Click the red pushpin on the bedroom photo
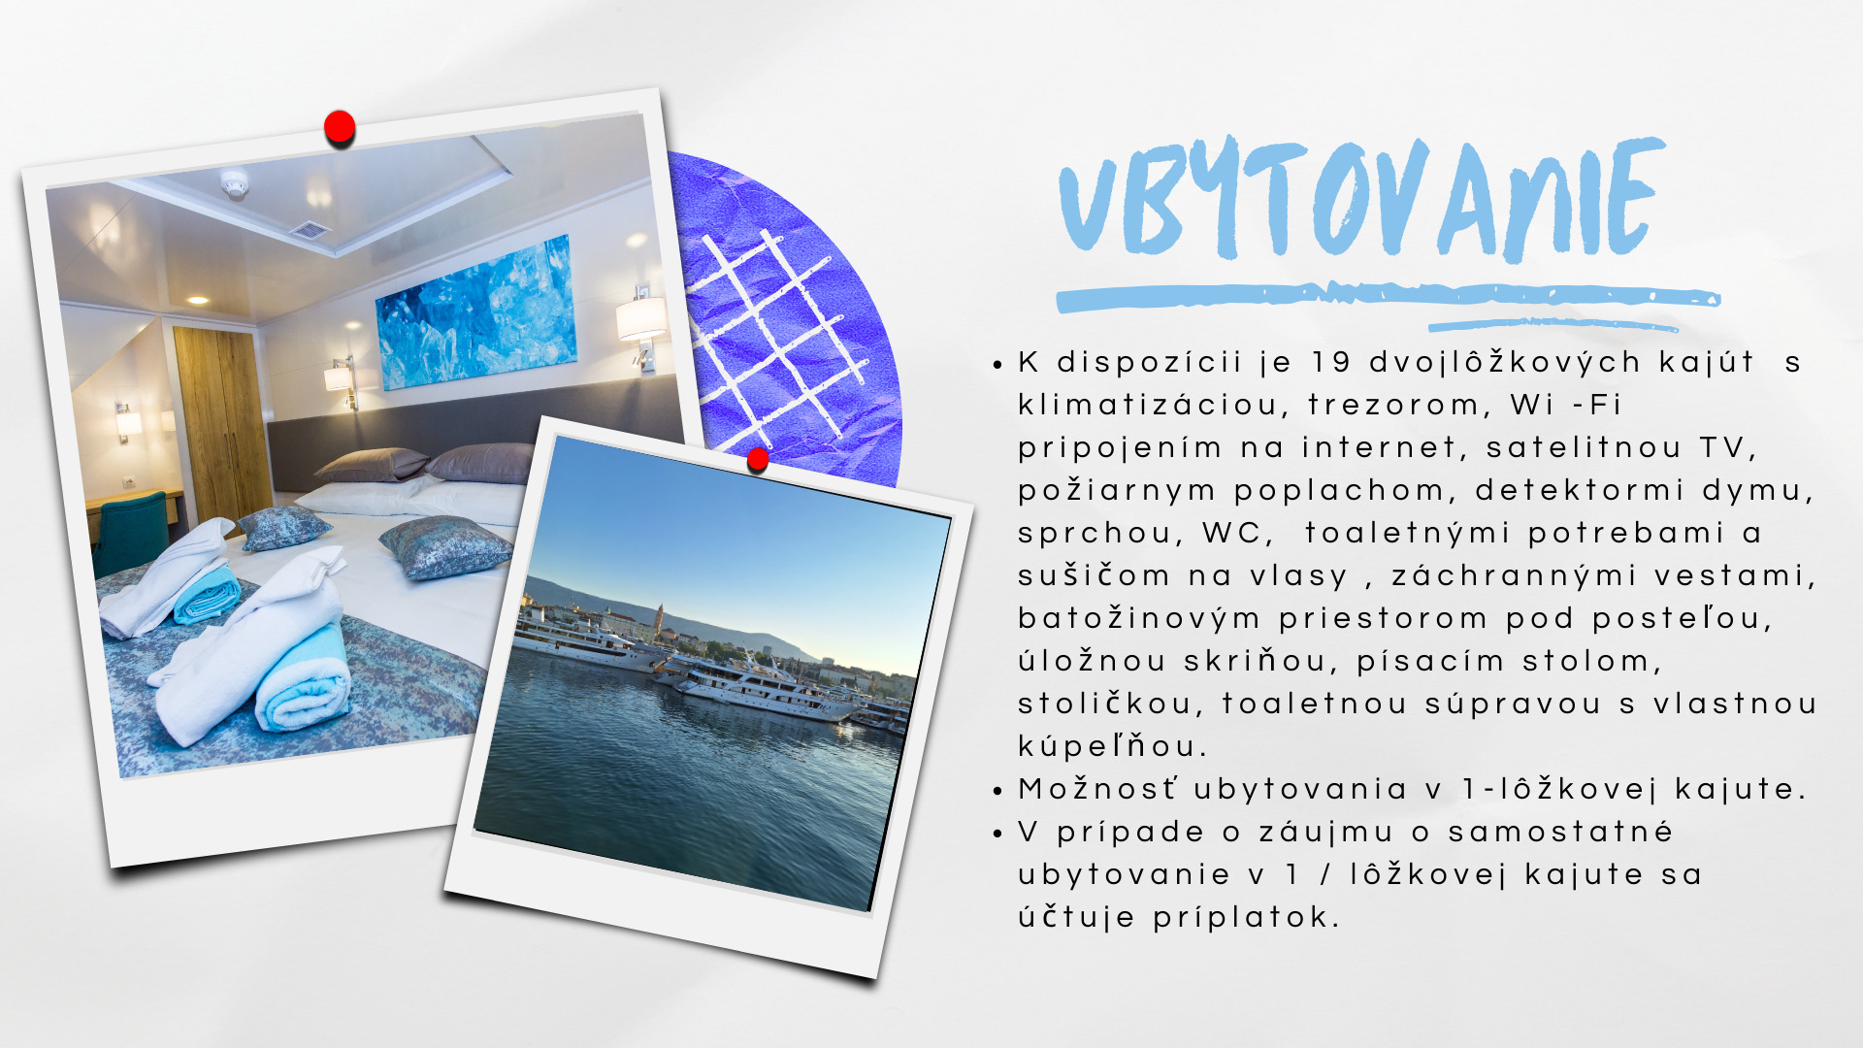click(x=340, y=127)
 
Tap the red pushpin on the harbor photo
click(x=758, y=459)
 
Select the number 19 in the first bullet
click(x=1331, y=363)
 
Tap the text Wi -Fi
click(x=1566, y=405)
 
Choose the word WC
click(x=1236, y=534)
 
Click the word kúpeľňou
click(x=1112, y=746)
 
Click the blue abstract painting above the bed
click(x=475, y=313)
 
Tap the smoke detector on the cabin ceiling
click(x=234, y=182)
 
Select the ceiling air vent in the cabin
click(x=310, y=230)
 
